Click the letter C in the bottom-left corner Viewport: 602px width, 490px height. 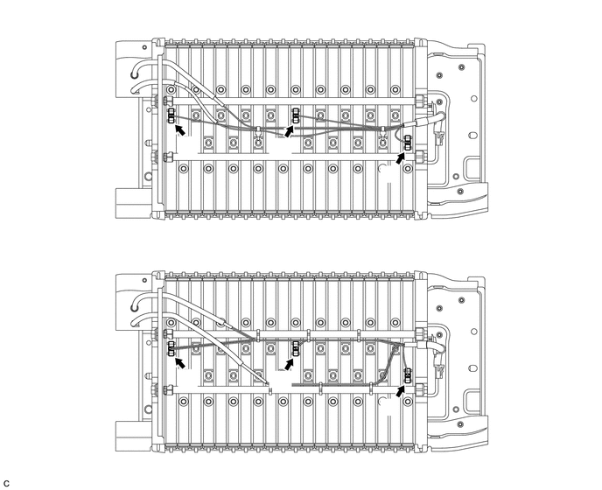point(6,483)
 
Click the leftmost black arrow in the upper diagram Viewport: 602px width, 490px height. point(180,130)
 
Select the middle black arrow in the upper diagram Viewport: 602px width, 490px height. point(289,131)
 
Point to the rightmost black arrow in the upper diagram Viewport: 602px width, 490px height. point(401,157)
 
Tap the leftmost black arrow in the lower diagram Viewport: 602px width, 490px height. point(179,362)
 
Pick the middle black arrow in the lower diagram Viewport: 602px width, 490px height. point(289,364)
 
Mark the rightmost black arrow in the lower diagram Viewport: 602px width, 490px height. point(401,391)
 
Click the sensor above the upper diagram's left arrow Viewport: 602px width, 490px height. point(171,115)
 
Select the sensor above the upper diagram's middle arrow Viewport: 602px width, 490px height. point(296,115)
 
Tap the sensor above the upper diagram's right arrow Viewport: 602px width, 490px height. point(408,143)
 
